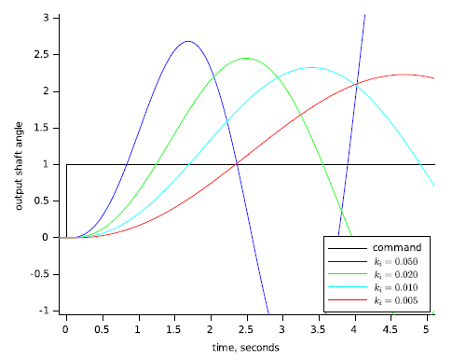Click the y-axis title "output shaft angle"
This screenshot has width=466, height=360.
tap(20, 164)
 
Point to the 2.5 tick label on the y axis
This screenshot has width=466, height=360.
tap(48, 55)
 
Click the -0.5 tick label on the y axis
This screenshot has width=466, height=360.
tap(47, 274)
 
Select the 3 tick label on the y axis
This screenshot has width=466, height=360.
tap(53, 19)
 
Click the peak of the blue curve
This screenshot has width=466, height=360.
tap(187, 41)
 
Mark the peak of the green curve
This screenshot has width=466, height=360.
tap(246, 58)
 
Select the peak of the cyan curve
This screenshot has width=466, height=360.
tap(311, 67)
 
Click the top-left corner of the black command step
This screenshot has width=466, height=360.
tap(66, 164)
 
